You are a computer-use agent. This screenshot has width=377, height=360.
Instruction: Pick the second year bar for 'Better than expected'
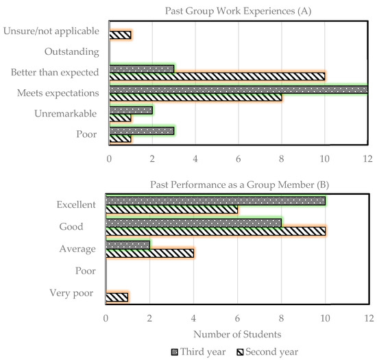(217, 76)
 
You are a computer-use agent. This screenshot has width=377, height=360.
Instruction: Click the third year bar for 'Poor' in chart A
(141, 130)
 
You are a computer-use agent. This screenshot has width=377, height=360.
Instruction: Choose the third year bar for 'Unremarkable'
(130, 110)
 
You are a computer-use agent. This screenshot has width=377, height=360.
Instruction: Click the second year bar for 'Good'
(215, 231)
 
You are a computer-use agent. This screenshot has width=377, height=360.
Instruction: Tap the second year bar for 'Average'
(150, 253)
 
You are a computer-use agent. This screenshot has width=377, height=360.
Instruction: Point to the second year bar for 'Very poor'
(117, 297)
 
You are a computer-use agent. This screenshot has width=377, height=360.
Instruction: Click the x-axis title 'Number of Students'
(237, 335)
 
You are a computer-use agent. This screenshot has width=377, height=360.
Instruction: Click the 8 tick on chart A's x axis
(281, 159)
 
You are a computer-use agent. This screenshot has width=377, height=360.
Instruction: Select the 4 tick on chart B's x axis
(193, 319)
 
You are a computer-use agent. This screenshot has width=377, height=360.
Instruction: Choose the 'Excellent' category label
(77, 204)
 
